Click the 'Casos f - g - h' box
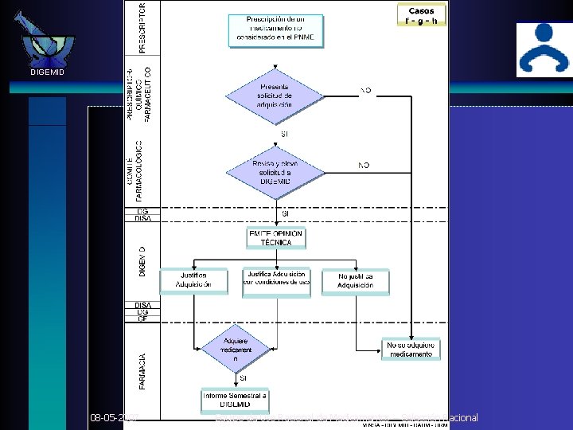pos(421,15)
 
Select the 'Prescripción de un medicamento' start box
pos(275,30)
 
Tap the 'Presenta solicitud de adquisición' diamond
pos(275,96)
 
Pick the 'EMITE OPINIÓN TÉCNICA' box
pos(275,237)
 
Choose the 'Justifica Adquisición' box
pos(193,280)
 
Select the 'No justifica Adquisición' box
pos(355,280)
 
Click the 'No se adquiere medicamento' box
pos(411,349)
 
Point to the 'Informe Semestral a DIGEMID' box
pos(235,399)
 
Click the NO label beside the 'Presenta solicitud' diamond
pos(365,90)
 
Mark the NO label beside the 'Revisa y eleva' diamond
pos(364,165)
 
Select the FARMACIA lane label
pos(142,371)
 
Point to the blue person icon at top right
pos(543,49)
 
